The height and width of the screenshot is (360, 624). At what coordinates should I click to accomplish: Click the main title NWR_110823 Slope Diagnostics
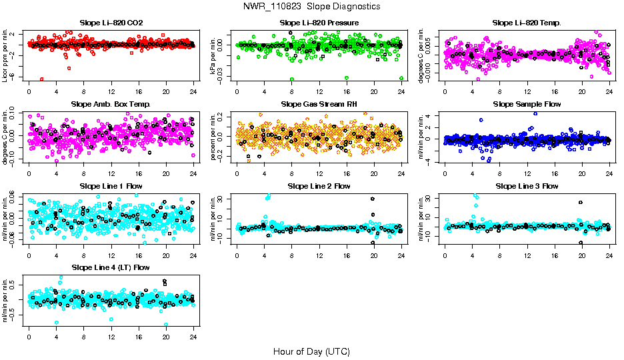(x=311, y=6)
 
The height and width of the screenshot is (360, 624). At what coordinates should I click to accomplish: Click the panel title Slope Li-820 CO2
(x=111, y=23)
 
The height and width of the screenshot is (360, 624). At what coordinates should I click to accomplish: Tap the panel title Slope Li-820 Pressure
(x=319, y=23)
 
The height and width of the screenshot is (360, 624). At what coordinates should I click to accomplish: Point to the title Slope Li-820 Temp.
(x=527, y=23)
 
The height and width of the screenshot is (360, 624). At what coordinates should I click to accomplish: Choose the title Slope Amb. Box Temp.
(x=111, y=105)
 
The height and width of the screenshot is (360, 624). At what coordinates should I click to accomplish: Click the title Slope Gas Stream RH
(x=319, y=105)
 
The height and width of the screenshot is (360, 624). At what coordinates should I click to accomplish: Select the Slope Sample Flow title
(x=527, y=105)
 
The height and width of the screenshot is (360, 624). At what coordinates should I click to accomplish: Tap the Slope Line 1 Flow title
(x=111, y=186)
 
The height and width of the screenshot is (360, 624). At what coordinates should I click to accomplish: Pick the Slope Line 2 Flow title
(x=319, y=186)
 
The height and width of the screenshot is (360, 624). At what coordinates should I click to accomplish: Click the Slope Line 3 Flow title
(x=527, y=186)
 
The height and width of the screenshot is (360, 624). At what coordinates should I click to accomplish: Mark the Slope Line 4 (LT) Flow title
(x=111, y=267)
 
